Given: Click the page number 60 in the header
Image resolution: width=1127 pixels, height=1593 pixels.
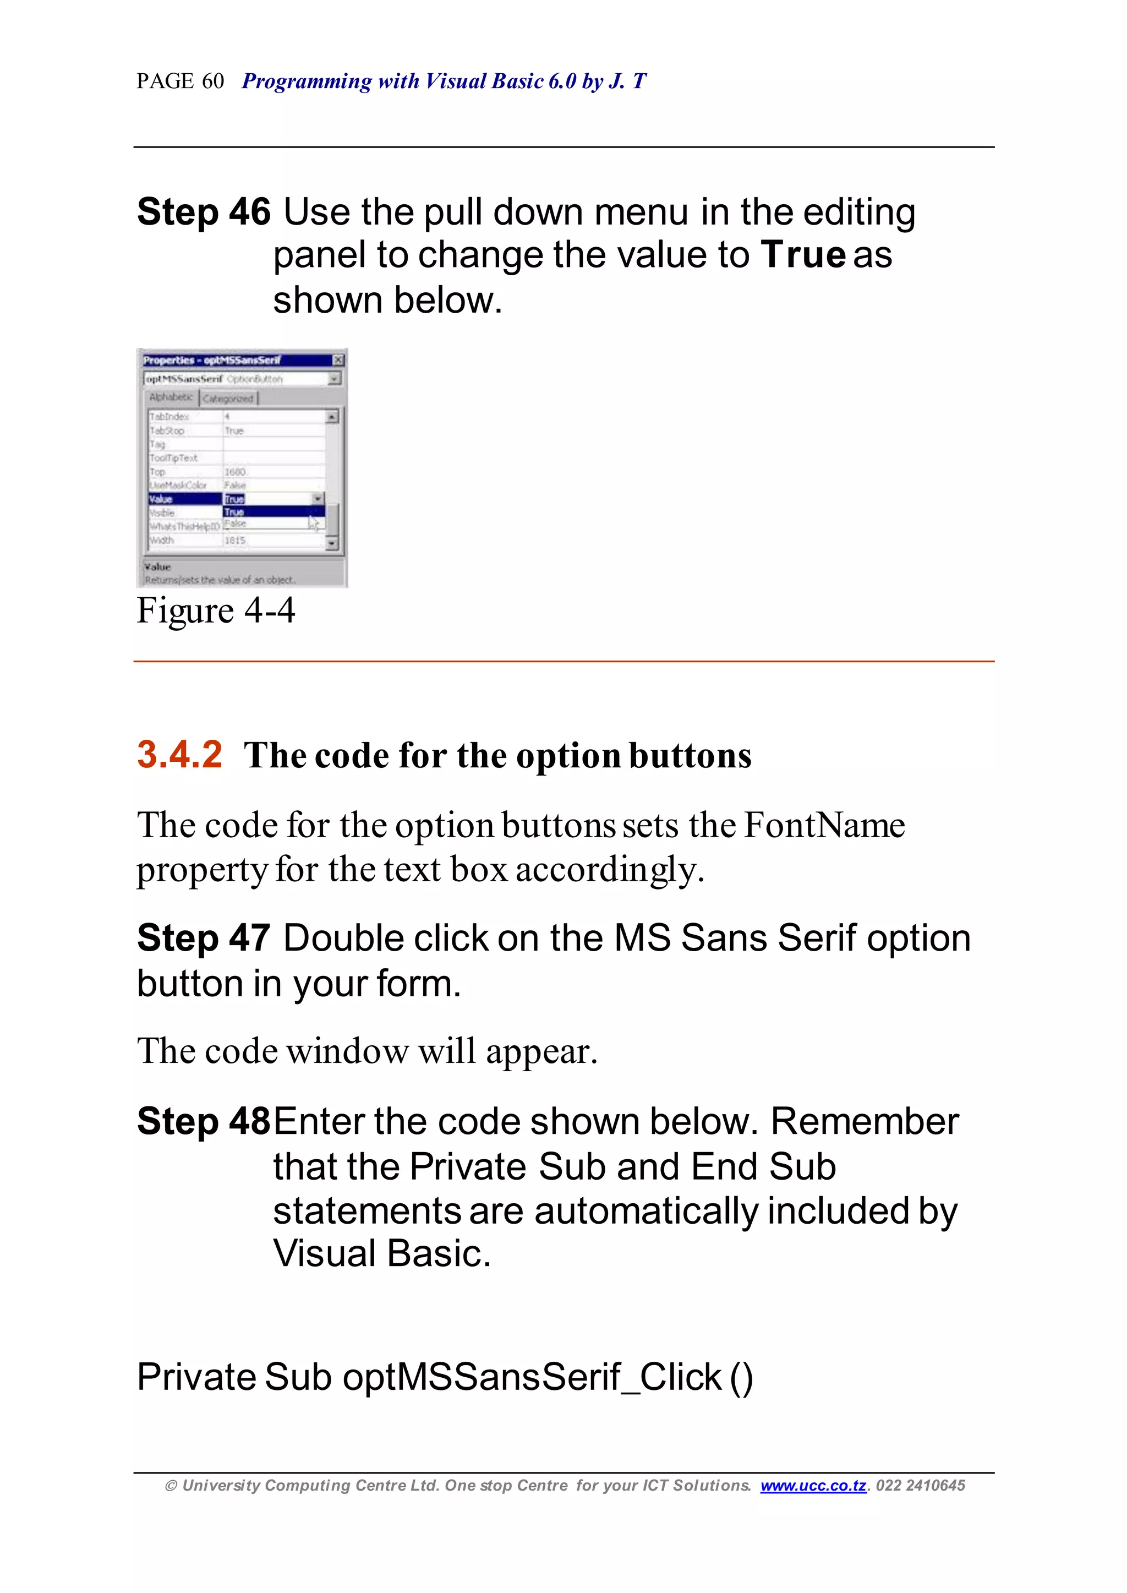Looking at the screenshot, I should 213,82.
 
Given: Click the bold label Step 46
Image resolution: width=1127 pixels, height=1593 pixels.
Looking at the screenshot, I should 203,212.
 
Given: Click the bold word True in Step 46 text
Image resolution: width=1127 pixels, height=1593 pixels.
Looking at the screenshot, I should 803,255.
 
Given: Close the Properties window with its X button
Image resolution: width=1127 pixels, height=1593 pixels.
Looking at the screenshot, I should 338,359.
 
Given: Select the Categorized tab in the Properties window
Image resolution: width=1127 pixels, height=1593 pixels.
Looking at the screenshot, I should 228,399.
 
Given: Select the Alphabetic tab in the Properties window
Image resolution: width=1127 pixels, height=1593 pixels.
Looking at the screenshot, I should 171,397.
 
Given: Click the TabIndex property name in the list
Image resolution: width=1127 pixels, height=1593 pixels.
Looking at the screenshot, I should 169,417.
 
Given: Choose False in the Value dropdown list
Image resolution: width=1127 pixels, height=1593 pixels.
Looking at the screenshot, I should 236,523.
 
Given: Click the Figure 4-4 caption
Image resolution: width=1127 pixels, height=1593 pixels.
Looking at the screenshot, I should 216,612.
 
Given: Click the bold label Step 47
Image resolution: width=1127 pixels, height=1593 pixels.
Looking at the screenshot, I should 203,939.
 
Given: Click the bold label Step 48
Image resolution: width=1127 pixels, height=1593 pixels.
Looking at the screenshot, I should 203,1122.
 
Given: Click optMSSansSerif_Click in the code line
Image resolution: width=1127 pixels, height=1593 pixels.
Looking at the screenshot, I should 532,1377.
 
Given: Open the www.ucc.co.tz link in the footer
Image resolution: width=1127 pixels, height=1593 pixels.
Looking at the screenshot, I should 813,1486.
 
